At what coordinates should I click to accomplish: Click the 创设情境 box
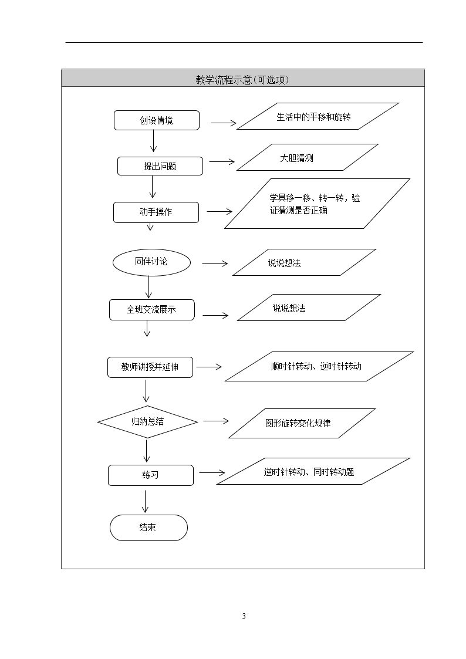(x=156, y=120)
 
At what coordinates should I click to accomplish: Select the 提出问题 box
(x=160, y=166)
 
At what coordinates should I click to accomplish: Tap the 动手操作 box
(x=156, y=212)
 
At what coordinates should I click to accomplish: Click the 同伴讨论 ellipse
(x=151, y=262)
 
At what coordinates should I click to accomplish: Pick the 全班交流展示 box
(x=151, y=310)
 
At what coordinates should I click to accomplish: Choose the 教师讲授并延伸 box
(x=150, y=367)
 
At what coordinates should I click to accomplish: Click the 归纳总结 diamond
(x=147, y=421)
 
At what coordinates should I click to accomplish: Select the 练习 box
(x=150, y=475)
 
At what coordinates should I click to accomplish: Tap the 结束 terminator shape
(x=148, y=528)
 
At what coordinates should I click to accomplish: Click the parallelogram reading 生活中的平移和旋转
(x=318, y=116)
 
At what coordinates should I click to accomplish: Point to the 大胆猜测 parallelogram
(x=308, y=158)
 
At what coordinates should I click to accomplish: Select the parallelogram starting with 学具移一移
(x=317, y=204)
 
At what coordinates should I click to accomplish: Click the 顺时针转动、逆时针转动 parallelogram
(x=319, y=367)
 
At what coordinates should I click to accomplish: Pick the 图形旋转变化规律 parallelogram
(x=302, y=423)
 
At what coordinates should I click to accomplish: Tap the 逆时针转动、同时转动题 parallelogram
(x=313, y=471)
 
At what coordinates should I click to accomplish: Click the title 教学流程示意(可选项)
(x=242, y=80)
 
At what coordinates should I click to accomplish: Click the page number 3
(x=244, y=616)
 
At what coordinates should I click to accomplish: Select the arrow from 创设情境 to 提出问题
(x=153, y=141)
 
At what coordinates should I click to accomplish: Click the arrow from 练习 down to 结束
(x=146, y=502)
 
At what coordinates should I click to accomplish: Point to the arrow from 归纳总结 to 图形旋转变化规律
(x=216, y=421)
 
